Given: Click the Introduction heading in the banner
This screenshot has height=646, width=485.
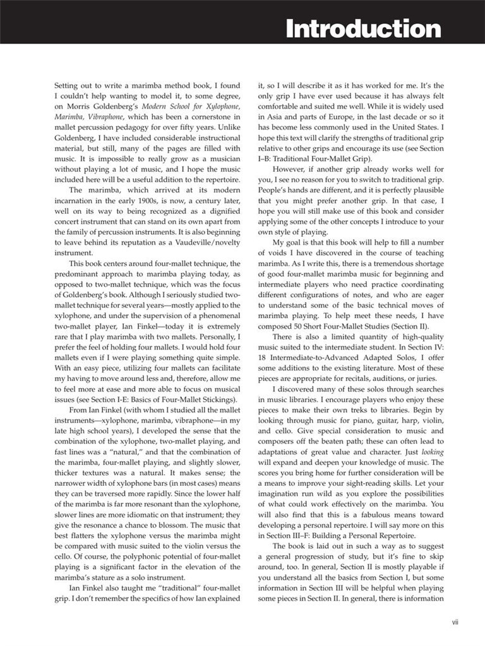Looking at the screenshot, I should (x=363, y=28).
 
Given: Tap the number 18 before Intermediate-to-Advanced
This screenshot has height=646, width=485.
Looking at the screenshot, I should (x=263, y=363).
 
